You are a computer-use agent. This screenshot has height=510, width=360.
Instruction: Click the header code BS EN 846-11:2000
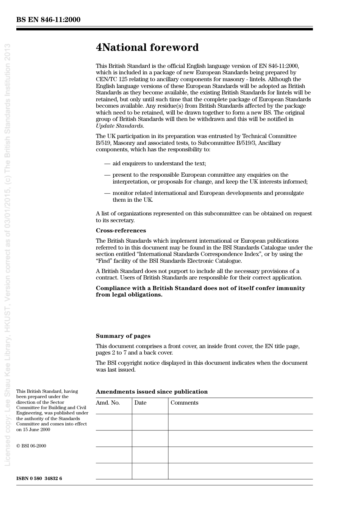(48, 20)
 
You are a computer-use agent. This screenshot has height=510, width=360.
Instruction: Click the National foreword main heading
(147, 48)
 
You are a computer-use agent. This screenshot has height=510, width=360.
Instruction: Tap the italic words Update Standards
(119, 126)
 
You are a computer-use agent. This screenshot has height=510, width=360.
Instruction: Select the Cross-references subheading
(121, 231)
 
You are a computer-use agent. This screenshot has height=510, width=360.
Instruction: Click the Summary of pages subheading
(123, 336)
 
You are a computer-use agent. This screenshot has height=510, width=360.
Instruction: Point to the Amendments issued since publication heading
(152, 392)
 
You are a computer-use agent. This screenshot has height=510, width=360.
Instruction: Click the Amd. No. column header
(108, 403)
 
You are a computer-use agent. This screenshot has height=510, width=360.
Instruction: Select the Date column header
(140, 403)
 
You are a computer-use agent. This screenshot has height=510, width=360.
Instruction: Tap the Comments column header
(184, 403)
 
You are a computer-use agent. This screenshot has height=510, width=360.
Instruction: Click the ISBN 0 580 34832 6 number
(39, 479)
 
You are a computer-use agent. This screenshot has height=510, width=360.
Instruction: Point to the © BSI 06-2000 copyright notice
(31, 446)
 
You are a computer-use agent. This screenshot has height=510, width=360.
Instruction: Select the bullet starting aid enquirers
(159, 163)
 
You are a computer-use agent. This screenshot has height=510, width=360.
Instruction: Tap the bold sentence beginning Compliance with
(200, 291)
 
